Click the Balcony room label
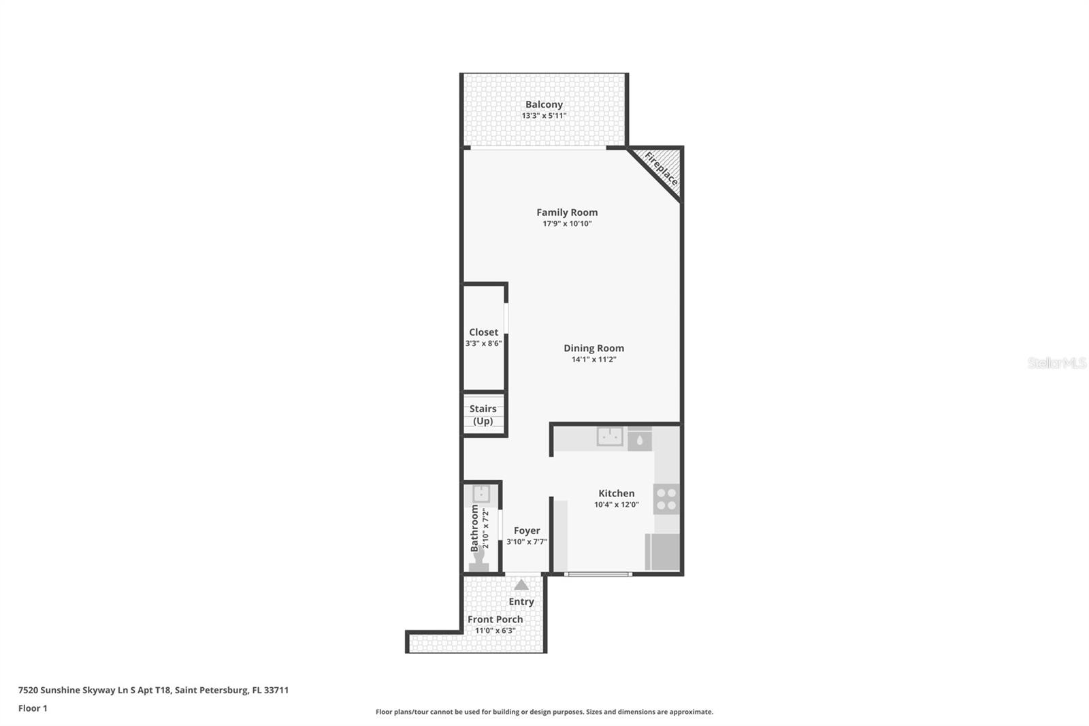(544, 104)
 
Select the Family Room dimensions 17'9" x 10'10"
(567, 223)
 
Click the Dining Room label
(594, 348)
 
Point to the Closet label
(483, 332)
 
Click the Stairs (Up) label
(483, 415)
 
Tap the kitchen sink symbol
(610, 437)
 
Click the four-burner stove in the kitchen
(666, 499)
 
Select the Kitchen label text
(616, 493)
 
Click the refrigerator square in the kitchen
(662, 552)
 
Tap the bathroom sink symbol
(481, 494)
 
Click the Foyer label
(527, 531)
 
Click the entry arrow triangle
(521, 584)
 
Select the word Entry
(521, 601)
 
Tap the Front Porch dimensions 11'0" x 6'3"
(495, 631)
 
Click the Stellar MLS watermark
(1056, 363)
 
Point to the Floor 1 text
(33, 708)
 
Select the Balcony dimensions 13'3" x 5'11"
(544, 116)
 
